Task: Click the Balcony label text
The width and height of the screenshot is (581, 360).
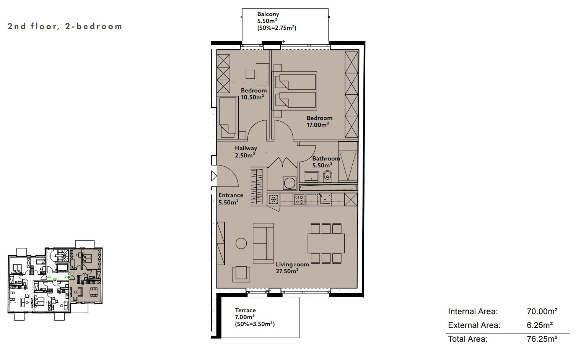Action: click(x=268, y=14)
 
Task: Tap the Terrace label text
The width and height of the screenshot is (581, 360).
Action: click(x=245, y=310)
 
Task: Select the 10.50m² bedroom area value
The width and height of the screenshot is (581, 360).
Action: click(x=252, y=97)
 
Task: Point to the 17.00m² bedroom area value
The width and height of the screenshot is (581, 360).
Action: click(x=318, y=125)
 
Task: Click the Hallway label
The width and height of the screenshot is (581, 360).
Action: click(x=246, y=148)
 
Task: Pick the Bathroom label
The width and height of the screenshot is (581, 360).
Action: click(x=326, y=158)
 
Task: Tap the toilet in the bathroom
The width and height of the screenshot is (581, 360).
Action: click(x=327, y=176)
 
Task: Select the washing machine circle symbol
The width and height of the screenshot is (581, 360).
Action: click(x=290, y=183)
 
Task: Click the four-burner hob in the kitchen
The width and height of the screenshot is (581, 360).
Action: click(x=299, y=199)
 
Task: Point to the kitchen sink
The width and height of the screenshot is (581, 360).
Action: click(x=325, y=199)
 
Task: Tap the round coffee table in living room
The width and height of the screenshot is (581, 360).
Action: click(x=241, y=243)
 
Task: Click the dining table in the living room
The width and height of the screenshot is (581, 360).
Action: click(x=326, y=243)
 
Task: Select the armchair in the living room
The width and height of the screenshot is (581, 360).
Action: click(x=241, y=274)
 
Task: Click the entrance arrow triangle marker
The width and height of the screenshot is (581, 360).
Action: click(x=214, y=176)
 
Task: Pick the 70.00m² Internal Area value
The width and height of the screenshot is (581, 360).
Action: click(x=542, y=311)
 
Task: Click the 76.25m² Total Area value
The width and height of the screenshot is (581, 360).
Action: click(x=542, y=339)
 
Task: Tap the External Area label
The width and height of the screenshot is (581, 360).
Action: click(x=474, y=325)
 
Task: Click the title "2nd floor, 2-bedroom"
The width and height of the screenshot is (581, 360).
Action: click(x=65, y=26)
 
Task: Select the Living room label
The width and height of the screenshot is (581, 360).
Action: click(x=292, y=264)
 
